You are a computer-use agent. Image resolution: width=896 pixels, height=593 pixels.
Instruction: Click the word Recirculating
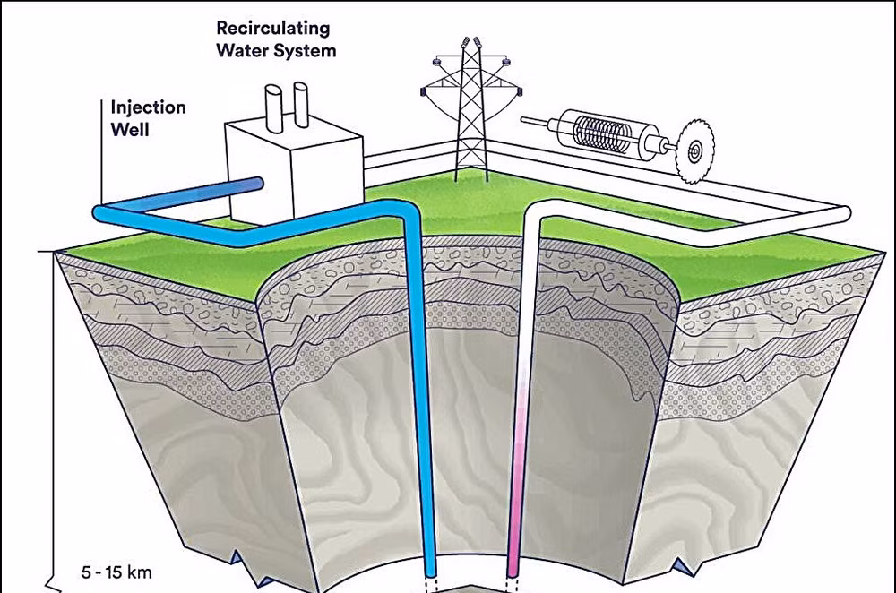273,28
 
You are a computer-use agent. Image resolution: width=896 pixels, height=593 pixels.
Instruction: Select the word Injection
148,107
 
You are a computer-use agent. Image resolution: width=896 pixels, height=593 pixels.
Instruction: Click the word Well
130,129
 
